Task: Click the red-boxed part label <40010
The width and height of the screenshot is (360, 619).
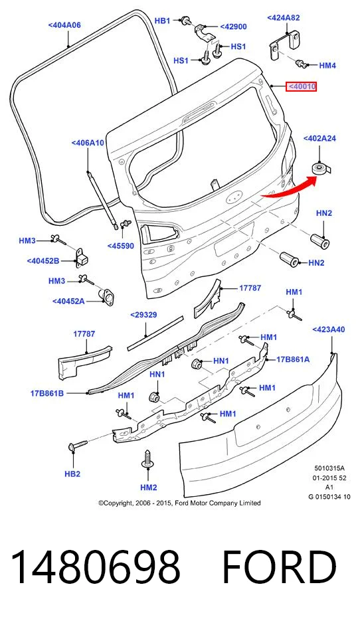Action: (302, 86)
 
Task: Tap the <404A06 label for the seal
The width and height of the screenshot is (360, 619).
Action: (64, 25)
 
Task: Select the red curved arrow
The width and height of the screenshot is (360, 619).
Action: (290, 187)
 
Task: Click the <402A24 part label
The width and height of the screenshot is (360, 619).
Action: (319, 139)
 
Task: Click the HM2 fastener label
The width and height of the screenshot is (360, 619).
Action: (149, 487)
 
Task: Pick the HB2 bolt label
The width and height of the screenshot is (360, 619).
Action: (72, 474)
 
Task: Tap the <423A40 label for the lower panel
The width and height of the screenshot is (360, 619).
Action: (328, 329)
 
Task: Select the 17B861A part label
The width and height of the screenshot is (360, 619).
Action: (293, 359)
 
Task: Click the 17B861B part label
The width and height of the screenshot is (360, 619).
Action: (47, 393)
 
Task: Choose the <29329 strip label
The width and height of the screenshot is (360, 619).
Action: (143, 315)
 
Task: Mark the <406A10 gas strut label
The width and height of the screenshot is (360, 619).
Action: (88, 143)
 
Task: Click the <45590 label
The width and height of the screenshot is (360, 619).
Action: (121, 246)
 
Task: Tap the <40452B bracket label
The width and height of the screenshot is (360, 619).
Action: (43, 261)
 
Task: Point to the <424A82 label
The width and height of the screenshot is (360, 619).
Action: (284, 18)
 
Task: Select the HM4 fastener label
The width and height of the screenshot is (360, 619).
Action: (327, 66)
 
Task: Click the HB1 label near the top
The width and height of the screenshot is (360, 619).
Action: (162, 21)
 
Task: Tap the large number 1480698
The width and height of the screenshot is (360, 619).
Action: (96, 567)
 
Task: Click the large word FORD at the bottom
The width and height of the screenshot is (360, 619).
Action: (280, 567)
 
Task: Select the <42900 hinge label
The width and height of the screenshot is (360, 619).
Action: (233, 27)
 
